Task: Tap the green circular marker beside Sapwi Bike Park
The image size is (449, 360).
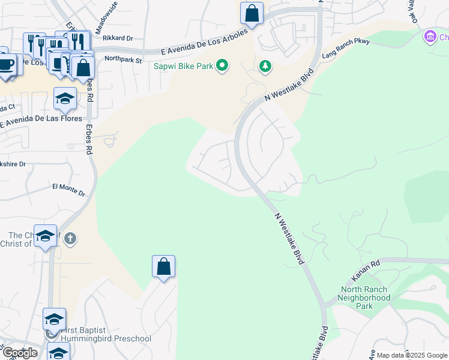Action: tap(222, 65)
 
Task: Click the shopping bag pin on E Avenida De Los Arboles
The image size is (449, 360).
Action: tap(252, 13)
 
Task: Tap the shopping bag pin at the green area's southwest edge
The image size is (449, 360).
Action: tap(163, 267)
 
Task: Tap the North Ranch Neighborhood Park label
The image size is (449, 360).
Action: tap(364, 298)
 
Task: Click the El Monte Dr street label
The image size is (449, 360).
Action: tap(68, 189)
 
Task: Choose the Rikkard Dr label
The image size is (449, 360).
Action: tap(117, 38)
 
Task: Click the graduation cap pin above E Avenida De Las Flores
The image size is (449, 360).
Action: tap(65, 99)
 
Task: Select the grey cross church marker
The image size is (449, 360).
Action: tap(70, 239)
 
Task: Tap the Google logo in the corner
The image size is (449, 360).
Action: tap(19, 353)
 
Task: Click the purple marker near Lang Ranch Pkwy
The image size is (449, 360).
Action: tap(430, 37)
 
